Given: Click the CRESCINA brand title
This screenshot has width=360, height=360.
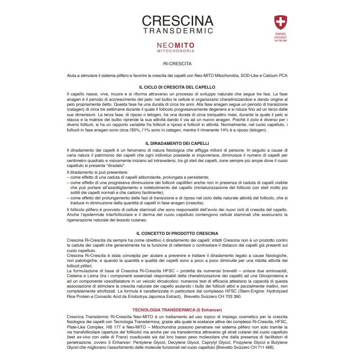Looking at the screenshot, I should pyautogui.click(x=177, y=21).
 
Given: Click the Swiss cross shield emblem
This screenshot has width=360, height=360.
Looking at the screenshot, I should pyautogui.click(x=280, y=22).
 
